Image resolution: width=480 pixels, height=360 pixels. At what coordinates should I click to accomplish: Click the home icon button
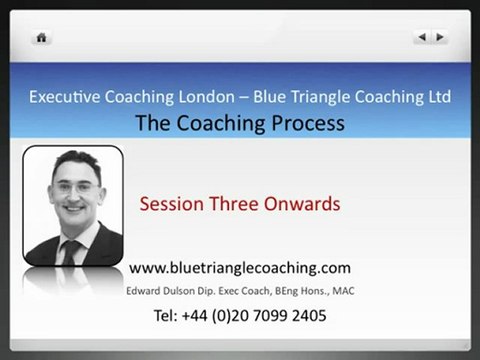point(41,38)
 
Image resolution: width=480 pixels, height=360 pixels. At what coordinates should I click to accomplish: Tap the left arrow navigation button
point(422,37)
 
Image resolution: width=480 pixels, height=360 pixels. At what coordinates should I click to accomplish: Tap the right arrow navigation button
point(440,37)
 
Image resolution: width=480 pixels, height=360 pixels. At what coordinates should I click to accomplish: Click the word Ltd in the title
point(436,97)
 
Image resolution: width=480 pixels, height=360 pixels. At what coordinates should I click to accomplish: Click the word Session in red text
point(172,204)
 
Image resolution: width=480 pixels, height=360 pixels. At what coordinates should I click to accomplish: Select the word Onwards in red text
point(304,204)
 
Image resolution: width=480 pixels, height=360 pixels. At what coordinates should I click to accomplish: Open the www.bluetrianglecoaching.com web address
point(240,268)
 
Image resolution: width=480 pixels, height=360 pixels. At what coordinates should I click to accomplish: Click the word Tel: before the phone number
point(168,315)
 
